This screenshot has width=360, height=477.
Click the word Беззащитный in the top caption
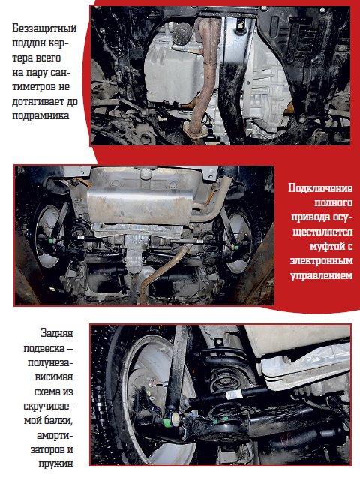click(x=44, y=28)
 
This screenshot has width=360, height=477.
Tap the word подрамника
click(x=40, y=115)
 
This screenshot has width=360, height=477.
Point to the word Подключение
click(x=320, y=188)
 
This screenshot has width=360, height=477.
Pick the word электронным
click(x=321, y=261)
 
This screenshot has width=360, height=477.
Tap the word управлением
click(x=322, y=275)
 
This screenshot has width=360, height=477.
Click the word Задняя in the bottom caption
click(x=57, y=333)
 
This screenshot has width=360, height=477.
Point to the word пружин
click(x=55, y=464)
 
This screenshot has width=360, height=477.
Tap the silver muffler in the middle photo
click(x=140, y=203)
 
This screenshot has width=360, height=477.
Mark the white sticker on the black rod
click(x=234, y=394)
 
